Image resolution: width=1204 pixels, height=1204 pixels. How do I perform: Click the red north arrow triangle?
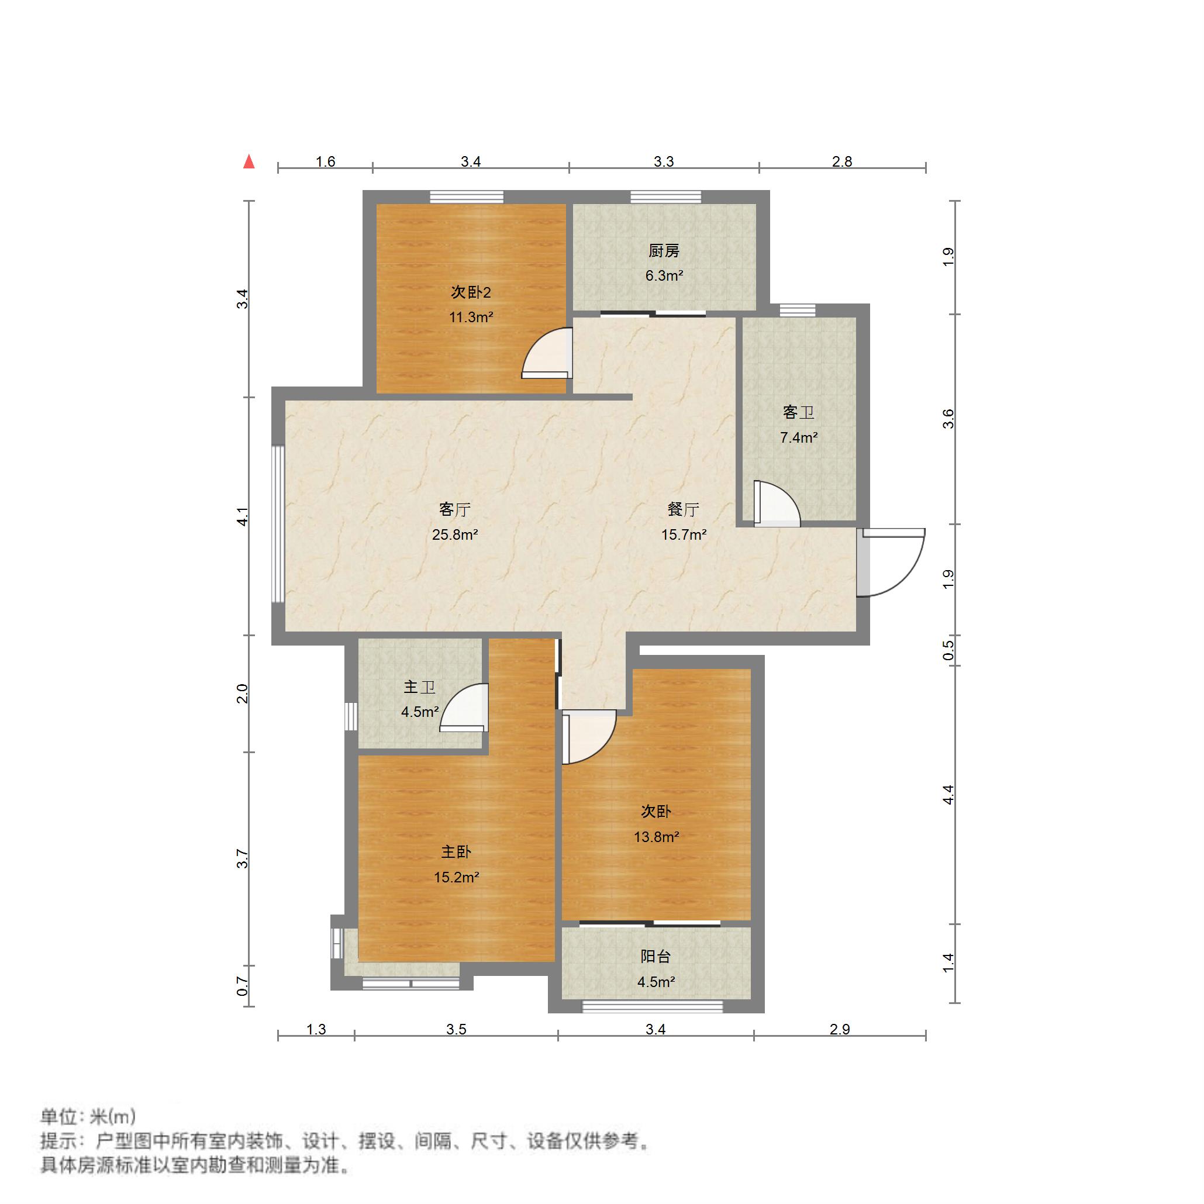click(x=249, y=162)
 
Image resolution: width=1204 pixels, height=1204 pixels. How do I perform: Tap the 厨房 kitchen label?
click(x=664, y=251)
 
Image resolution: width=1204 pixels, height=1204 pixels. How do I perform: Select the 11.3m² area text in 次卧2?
click(x=471, y=317)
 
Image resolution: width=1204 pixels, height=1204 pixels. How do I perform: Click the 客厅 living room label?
click(x=454, y=509)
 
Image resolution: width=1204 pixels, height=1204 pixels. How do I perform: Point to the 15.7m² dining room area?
click(x=684, y=534)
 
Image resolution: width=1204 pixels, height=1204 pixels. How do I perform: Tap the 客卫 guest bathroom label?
click(x=798, y=413)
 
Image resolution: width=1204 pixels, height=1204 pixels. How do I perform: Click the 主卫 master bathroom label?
click(x=419, y=688)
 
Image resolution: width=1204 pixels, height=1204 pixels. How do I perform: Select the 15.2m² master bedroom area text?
click(x=456, y=878)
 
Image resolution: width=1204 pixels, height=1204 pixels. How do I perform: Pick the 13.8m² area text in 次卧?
click(x=656, y=837)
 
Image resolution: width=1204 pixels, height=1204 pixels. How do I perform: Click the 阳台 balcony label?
click(x=656, y=957)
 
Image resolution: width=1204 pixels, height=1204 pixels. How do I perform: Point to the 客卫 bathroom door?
click(x=775, y=503)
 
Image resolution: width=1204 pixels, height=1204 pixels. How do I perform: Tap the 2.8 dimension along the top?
click(x=841, y=162)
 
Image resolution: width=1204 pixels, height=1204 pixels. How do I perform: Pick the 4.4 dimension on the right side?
click(x=948, y=795)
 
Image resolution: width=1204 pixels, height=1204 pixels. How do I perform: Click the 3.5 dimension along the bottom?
click(x=456, y=1030)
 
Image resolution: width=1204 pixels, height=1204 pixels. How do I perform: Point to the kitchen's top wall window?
click(x=665, y=197)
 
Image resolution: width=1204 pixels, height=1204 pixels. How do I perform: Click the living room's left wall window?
click(x=278, y=523)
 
